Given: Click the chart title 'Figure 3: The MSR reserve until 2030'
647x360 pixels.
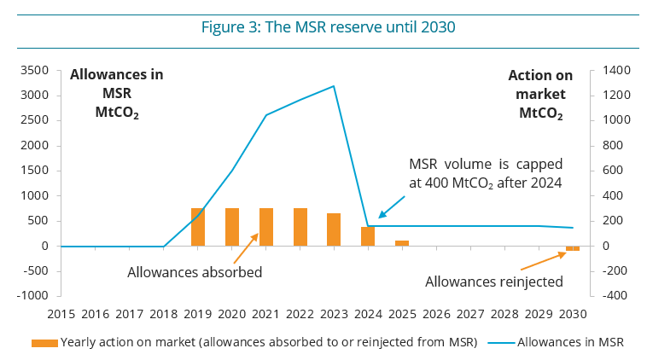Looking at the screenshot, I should pyautogui.click(x=328, y=26).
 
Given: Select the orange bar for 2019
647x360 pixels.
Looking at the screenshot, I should pyautogui.click(x=197, y=227).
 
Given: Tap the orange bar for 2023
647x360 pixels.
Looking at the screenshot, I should pyautogui.click(x=334, y=229).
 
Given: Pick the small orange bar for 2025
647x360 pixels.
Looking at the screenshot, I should pyautogui.click(x=401, y=243).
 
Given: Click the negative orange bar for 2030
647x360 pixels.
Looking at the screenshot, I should pyautogui.click(x=572, y=248).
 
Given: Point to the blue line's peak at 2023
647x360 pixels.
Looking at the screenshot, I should pyautogui.click(x=334, y=86).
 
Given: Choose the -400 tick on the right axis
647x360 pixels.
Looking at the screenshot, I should pyautogui.click(x=615, y=296).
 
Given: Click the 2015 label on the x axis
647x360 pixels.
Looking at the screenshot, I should pyautogui.click(x=61, y=314).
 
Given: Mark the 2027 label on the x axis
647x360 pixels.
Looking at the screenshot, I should pyautogui.click(x=469, y=314).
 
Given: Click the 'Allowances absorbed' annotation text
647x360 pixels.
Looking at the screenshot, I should pyautogui.click(x=195, y=273).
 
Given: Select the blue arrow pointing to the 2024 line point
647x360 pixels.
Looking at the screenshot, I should pyautogui.click(x=392, y=205).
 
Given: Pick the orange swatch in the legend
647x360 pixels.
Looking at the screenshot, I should pyautogui.click(x=44, y=343).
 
